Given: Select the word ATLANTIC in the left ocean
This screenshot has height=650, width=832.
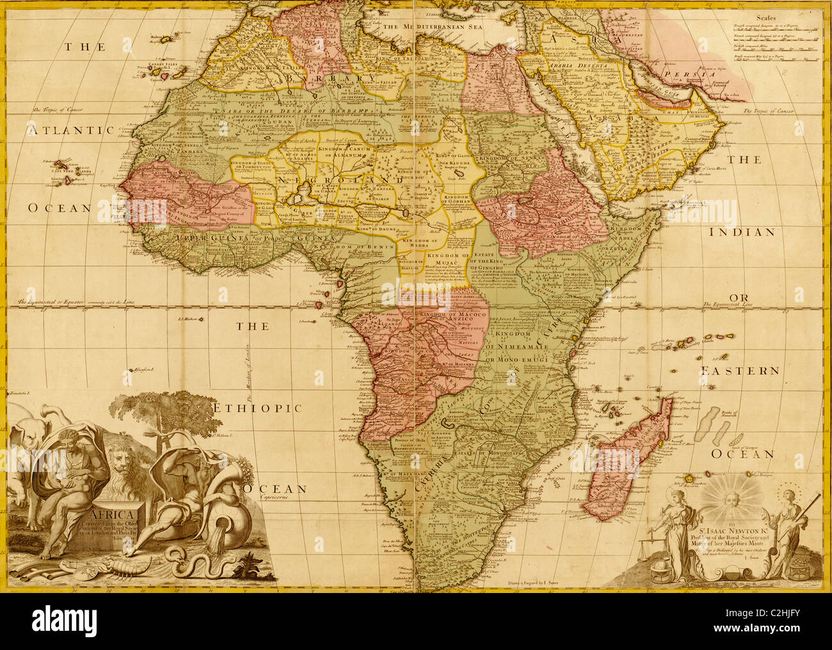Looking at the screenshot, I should click(x=70, y=130).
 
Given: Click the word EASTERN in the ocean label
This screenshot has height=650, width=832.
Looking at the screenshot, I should click(x=739, y=371).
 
